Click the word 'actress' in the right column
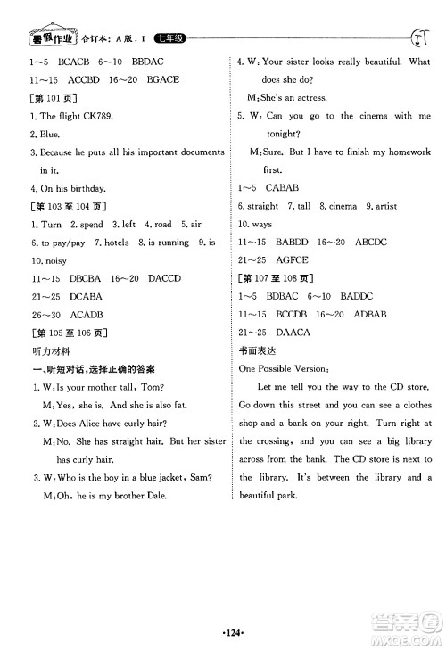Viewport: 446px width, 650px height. click(310, 97)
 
